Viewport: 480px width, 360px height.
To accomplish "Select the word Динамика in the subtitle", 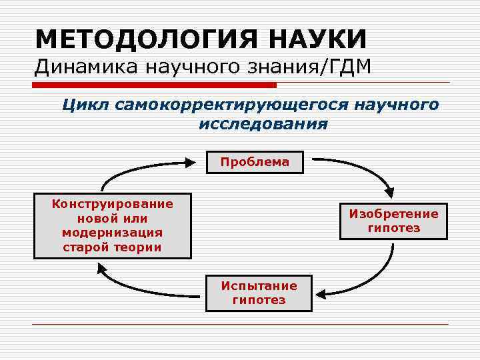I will pos(75,67).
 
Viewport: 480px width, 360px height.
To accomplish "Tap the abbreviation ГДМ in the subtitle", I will pos(352,67).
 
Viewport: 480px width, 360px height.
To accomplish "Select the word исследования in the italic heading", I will pos(263,124).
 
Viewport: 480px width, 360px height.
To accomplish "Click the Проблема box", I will pos(255,162).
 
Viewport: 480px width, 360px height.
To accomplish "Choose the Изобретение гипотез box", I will pos(393,221).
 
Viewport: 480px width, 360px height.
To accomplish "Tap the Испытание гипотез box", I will pos(259,293).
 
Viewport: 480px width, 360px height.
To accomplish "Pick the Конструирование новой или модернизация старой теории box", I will pos(113,226).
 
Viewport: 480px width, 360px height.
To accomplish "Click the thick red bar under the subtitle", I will pos(153,85).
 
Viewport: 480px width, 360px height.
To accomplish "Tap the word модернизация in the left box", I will pos(112,233).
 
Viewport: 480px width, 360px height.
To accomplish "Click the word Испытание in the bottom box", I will pos(259,286).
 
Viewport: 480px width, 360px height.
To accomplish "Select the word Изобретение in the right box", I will pos(394,214).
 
